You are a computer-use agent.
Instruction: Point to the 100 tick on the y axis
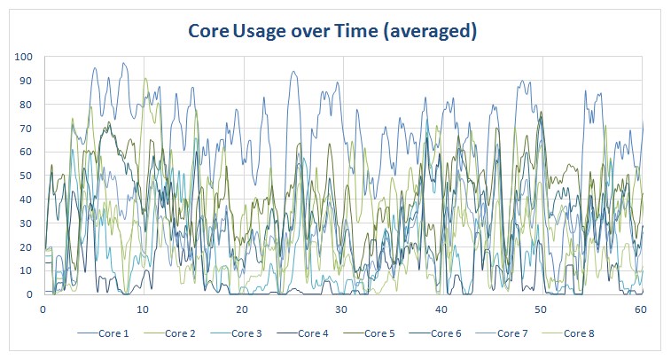click(x=24, y=58)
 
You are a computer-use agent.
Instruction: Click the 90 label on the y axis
click(x=27, y=82)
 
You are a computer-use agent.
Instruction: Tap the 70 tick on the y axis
click(x=27, y=129)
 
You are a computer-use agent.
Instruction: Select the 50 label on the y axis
click(x=27, y=176)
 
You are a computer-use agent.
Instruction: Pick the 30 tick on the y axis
click(x=27, y=223)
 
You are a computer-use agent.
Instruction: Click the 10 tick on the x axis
click(x=143, y=309)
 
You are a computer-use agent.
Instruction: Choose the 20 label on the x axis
click(x=242, y=309)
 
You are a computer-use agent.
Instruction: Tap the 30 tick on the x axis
click(x=342, y=309)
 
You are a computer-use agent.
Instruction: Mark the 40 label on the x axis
click(x=441, y=309)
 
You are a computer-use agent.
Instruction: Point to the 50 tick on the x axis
click(x=542, y=309)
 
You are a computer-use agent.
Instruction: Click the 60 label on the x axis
click(x=641, y=309)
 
